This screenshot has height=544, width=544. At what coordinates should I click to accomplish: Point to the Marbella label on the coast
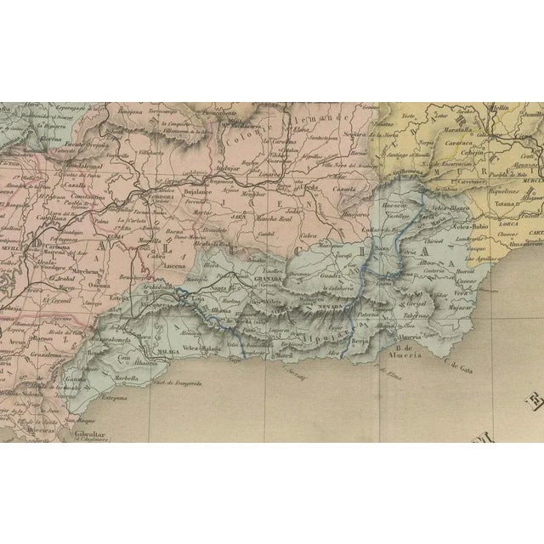128,380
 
